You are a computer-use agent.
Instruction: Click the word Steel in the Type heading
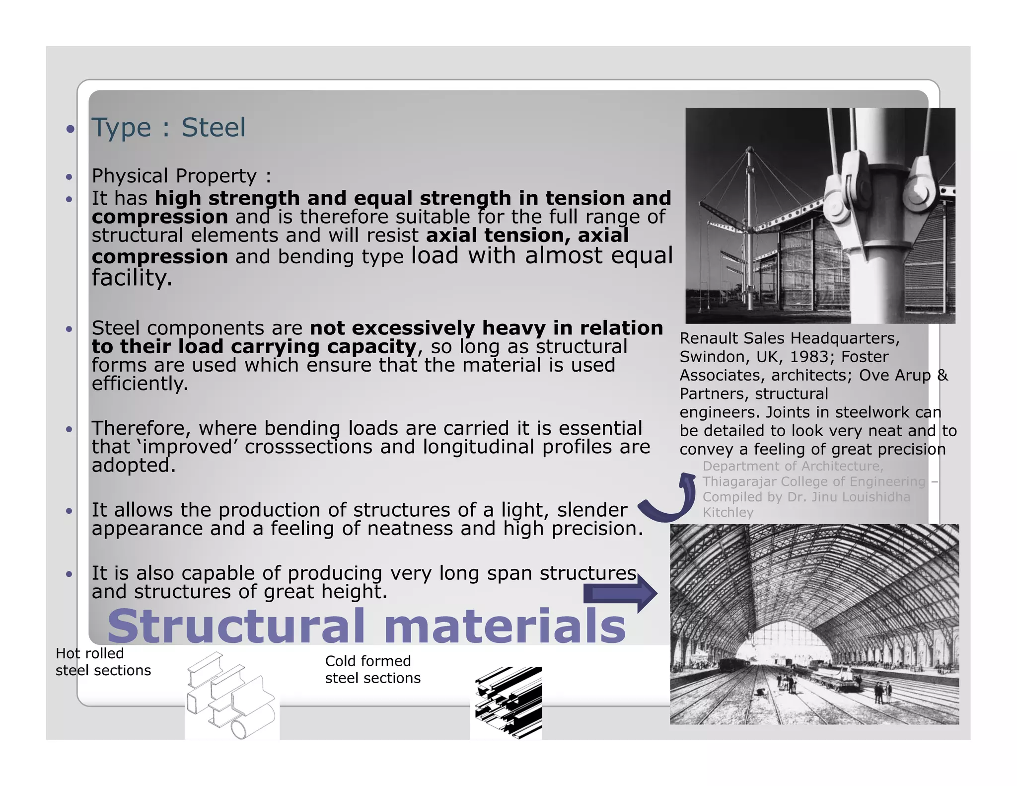213,128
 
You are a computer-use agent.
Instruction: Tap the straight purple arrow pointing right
620,593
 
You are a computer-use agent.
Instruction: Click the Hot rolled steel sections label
103,662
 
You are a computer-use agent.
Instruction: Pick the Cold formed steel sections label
372,669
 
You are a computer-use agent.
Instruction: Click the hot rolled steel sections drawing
232,696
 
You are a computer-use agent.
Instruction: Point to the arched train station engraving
814,624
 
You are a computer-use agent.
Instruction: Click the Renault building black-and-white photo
820,216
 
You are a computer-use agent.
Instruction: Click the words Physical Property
174,176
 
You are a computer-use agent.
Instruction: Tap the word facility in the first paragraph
132,277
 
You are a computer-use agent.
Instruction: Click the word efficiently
140,384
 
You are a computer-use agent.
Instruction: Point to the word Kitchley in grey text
727,512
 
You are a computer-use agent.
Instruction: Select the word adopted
134,466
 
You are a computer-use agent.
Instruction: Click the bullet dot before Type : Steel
71,129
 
